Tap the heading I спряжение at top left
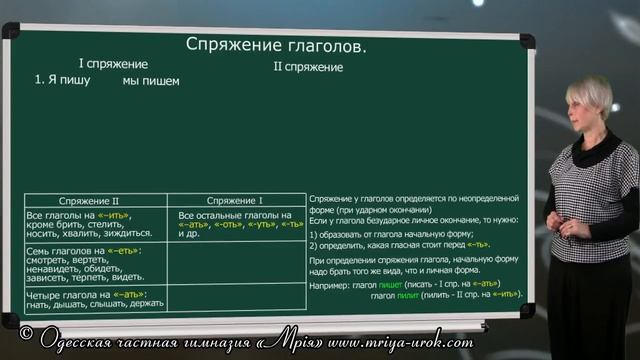click(x=113, y=64)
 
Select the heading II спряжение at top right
click(x=308, y=67)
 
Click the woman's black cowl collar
click(x=594, y=149)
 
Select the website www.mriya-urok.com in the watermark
click(x=399, y=343)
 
